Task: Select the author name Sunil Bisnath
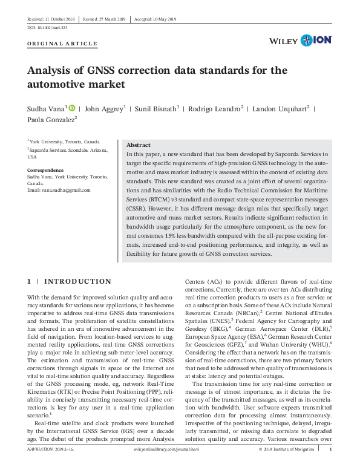(159, 109)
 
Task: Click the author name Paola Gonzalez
(51, 120)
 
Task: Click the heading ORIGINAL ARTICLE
(62, 44)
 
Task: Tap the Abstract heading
(138, 145)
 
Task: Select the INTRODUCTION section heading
(77, 281)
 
